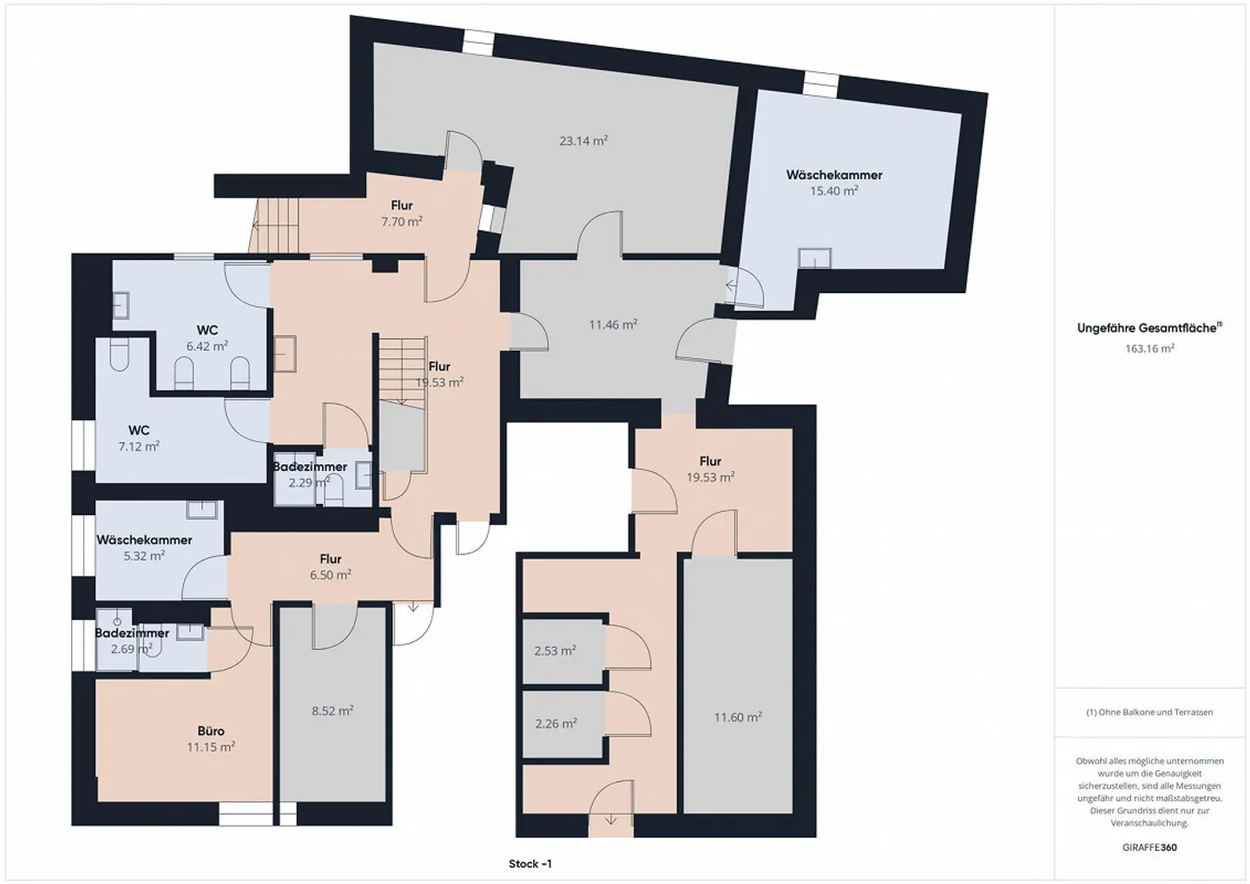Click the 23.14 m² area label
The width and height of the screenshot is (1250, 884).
pos(582,141)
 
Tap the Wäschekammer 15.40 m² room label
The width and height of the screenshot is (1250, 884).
pos(834,183)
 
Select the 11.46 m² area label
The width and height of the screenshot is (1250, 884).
pos(613,324)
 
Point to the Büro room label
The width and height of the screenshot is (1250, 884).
pos(211,731)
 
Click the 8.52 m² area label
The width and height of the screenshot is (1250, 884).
pos(332,710)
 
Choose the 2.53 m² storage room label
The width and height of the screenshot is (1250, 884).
pos(556,651)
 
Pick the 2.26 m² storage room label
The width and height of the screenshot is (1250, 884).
pos(556,724)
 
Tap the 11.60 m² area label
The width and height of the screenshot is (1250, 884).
pos(738,717)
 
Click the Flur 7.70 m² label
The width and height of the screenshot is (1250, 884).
pos(402,213)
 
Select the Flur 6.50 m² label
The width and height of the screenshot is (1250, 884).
pos(331,566)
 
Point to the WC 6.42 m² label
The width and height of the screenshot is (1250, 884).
pos(207,337)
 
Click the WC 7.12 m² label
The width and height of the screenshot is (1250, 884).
pos(139,438)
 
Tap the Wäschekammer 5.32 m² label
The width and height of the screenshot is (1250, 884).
pos(144,547)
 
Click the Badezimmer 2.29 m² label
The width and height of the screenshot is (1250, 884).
pos(310,475)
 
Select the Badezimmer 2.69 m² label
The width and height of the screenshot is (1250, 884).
pos(132,641)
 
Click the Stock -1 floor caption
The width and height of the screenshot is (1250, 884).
pos(530,864)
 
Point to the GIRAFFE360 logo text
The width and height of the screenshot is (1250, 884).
pos(1149,848)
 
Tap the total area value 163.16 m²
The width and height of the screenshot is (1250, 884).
pos(1149,349)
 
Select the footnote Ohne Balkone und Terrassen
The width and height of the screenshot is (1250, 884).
pos(1149,712)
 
